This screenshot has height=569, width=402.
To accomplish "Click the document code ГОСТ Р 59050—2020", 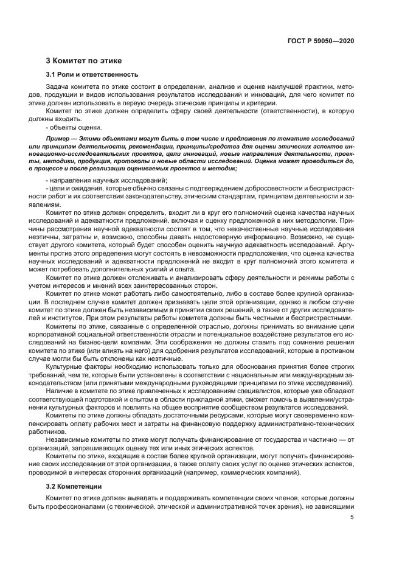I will click(x=321, y=41).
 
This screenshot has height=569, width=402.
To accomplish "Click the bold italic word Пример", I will click(x=58, y=139).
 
